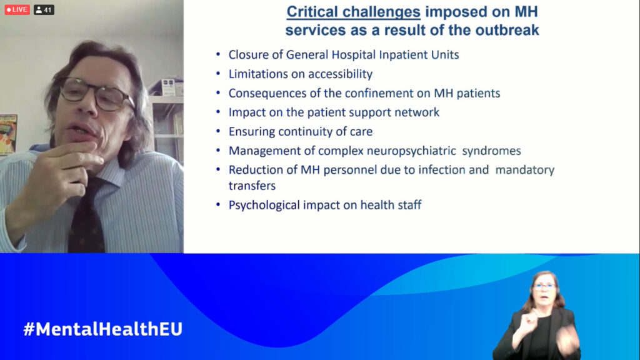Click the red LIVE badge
pos(17,9)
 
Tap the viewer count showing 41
pos(44,9)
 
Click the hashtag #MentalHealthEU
pos(103,329)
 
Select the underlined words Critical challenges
pos(354,12)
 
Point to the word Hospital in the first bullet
pos(351,55)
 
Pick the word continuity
pos(311,131)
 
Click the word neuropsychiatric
pos(411,151)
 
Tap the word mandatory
pos(525,170)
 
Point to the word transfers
pos(252,186)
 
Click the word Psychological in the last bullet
pos(264,205)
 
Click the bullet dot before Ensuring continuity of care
pos(218,131)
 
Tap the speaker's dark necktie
pos(86,221)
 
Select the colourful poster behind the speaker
pos(7,135)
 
